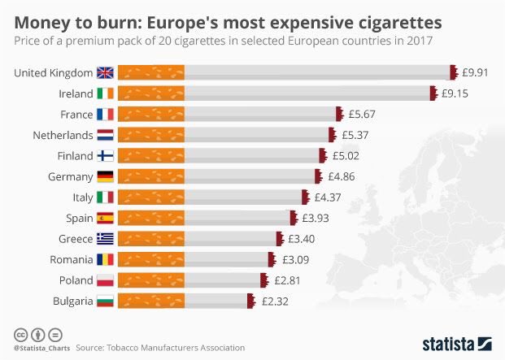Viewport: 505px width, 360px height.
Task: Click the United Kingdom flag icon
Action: point(106,72)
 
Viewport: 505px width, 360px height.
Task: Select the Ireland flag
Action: point(106,93)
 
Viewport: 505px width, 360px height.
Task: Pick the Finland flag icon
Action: point(106,155)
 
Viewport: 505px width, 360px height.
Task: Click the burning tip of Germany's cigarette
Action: point(317,176)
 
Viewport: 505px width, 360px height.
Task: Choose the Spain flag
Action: point(106,218)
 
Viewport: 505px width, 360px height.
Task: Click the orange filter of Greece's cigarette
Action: point(151,238)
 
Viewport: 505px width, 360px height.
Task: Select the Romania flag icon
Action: point(106,259)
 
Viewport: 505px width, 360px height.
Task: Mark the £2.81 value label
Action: point(285,280)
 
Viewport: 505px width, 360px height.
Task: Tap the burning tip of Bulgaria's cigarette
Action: point(251,301)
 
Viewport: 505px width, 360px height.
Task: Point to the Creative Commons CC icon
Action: point(20,334)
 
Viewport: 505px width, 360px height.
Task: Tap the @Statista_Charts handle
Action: point(40,348)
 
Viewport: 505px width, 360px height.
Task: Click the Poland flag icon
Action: point(106,280)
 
